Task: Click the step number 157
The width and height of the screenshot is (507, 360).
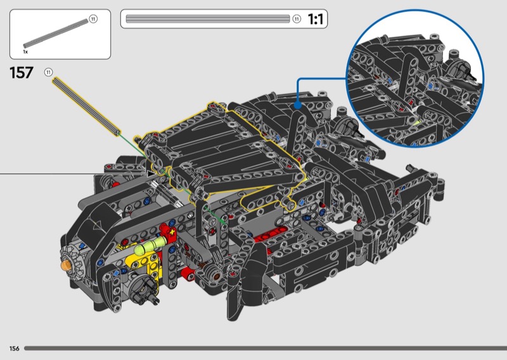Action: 22,72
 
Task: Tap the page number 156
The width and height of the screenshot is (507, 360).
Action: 14,349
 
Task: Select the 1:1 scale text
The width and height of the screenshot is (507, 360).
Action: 315,19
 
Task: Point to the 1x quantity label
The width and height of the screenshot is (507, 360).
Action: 25,52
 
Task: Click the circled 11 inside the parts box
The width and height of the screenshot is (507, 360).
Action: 93,19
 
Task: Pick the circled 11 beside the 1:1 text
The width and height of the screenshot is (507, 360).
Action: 297,19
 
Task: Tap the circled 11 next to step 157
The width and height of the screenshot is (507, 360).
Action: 49,72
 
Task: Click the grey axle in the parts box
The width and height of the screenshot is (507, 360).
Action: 56,34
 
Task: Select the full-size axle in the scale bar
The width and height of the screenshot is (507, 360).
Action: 208,19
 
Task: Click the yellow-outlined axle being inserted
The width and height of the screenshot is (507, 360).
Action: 86,106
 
